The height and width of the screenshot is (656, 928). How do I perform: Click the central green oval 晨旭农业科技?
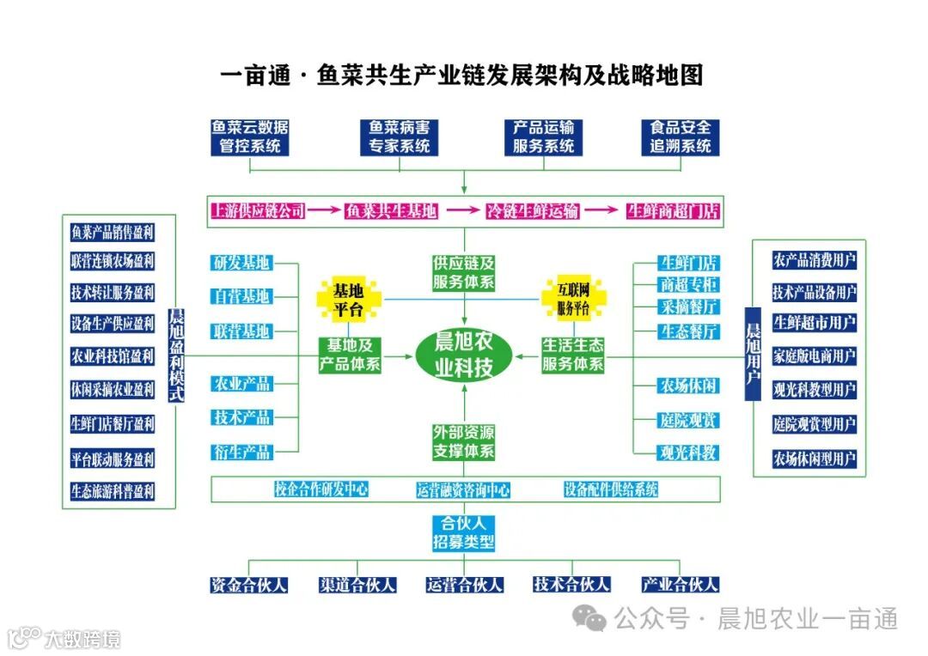pos(464,355)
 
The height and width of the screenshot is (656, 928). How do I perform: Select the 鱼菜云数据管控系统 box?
pos(250,137)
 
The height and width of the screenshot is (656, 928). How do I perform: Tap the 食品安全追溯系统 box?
pos(680,137)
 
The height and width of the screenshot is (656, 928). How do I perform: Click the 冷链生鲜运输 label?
pos(532,211)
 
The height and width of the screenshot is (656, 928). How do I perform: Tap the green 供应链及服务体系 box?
pos(464,272)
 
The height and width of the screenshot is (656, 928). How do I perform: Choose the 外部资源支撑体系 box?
pos(464,441)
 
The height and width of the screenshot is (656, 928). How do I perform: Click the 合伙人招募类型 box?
pos(464,532)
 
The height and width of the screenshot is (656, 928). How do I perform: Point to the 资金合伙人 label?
pos(249,585)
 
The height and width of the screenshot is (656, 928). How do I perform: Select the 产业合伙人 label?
pos(680,585)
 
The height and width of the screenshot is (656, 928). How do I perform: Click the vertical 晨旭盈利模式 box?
pos(176,355)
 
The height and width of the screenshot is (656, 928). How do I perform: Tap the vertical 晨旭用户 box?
pos(753,354)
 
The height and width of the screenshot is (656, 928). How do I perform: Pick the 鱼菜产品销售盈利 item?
pos(113,232)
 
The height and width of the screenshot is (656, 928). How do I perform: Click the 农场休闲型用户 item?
pos(814,458)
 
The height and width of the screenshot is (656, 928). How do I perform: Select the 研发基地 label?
pos(241,262)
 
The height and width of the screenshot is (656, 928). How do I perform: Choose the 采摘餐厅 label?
pos(689,307)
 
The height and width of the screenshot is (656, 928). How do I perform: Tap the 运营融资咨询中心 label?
pos(463,490)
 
